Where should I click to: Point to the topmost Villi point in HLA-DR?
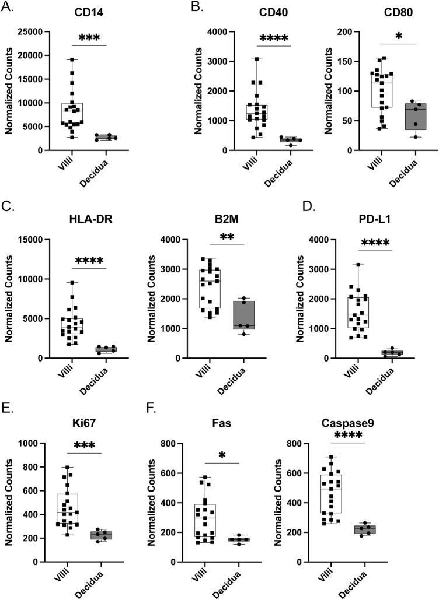pyautogui.click(x=72, y=283)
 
